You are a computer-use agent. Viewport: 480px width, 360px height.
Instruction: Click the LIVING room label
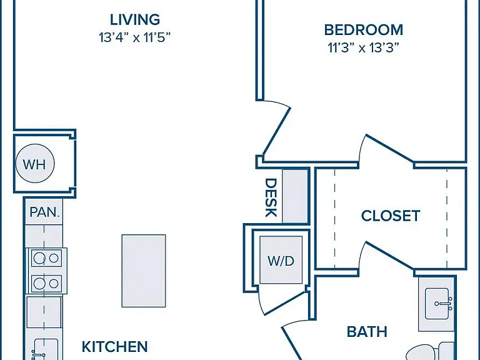pos(135,19)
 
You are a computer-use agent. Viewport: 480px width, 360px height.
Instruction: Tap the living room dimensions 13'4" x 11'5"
pos(134,37)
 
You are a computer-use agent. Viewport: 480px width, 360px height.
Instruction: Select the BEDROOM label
pos(363,30)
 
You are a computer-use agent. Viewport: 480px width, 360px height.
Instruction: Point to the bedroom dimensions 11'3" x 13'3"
pos(363,47)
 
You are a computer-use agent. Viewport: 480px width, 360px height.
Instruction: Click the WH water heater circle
pos(35,164)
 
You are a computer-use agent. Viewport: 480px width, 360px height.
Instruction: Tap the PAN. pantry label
pos(45,212)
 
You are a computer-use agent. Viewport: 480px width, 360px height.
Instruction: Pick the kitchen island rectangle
pos(144,271)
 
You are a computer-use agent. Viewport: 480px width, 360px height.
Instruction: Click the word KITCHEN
pos(115,346)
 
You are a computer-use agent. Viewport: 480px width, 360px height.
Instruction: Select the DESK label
pos(271,197)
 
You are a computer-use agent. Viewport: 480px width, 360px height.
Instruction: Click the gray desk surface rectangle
pos(295,196)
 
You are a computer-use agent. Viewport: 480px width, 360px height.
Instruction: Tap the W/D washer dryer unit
pos(281,260)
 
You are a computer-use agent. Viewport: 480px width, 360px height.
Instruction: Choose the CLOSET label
pos(391,216)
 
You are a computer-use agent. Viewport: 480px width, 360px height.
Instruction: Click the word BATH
pos(367,332)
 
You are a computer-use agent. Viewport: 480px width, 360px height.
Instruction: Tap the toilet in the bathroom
pos(430,351)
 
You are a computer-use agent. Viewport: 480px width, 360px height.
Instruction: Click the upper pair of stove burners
pos(46,258)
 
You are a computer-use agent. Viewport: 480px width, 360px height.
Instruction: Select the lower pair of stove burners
pos(46,284)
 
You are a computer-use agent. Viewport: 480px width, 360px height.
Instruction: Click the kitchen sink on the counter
pos(45,349)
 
